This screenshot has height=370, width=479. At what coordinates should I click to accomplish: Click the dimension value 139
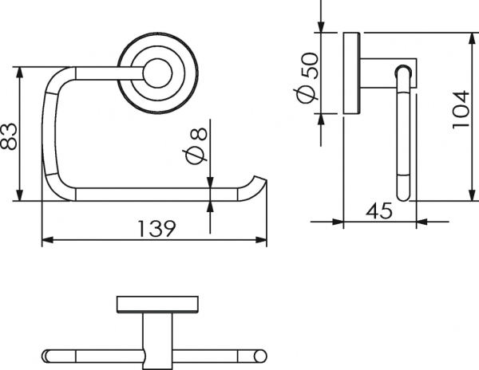pos(157,229)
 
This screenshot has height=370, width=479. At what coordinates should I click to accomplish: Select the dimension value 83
pos(8,136)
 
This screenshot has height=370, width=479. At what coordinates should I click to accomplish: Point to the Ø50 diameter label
pos(309,78)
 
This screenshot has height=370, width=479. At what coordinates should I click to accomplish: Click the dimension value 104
pos(461,109)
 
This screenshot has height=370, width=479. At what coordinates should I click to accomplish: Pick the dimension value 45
pos(378,211)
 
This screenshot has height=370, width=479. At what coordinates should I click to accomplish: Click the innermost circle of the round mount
pos(158,73)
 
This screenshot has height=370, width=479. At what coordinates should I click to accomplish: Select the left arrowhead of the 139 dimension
pos(47,240)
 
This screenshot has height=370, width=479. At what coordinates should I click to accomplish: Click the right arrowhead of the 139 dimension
pos(261,240)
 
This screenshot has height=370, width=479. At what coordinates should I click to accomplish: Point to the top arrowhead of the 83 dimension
pos(19,73)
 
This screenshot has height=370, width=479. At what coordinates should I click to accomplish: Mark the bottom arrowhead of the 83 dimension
pos(19,195)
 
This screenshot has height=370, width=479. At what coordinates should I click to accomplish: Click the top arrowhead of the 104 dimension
pos(473,38)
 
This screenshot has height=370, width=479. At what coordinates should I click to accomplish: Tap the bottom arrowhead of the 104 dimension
pos(473,195)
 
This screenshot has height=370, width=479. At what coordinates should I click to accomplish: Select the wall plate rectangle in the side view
pos(351,73)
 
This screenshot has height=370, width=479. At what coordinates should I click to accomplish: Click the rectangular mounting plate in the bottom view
pos(157,304)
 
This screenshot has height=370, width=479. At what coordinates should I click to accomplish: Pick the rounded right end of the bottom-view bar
pos(260,356)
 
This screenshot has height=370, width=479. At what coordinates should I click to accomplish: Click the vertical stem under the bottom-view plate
pos(157,340)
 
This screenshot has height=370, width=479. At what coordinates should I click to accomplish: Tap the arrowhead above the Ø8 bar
pos(210,183)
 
